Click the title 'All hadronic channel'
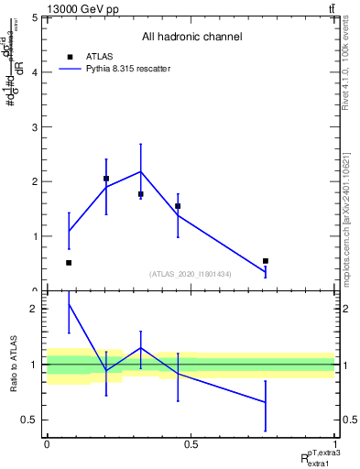[191, 38]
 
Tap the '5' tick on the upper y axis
[35, 17]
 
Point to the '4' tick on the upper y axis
[35, 71]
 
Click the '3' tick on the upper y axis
[35, 126]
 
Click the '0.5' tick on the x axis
[191, 444]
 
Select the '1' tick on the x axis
[334, 444]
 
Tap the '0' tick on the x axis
[47, 444]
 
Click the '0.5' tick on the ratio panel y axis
[30, 420]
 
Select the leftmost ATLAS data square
[69, 263]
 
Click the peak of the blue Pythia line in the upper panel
[140, 171]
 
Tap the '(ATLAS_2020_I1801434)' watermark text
[191, 274]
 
